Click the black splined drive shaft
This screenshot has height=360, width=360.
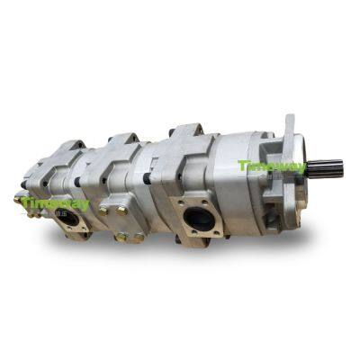coord(327,168)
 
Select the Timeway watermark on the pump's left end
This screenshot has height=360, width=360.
coord(56,204)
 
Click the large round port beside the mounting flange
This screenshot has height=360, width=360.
coord(201,219)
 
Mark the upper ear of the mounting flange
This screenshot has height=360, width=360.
coord(288,126)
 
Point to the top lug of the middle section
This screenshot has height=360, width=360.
coord(123,140)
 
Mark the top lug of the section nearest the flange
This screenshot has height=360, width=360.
coord(186,131)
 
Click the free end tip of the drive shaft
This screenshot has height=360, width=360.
coord(341,168)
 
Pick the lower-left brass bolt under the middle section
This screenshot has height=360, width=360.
coord(119,236)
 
